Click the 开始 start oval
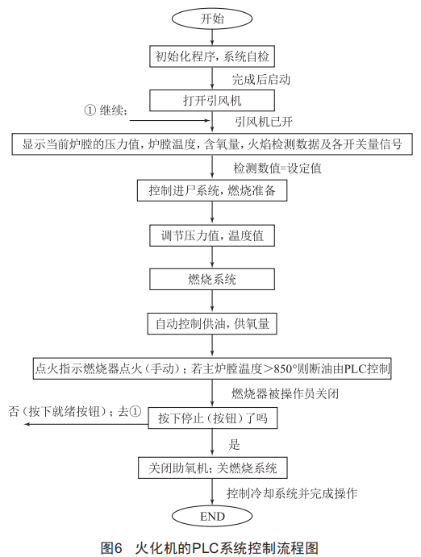[212, 19]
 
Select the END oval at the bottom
[212, 516]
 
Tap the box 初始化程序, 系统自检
[212, 56]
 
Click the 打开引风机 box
[212, 100]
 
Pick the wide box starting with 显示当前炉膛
[212, 144]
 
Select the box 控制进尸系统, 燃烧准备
[212, 190]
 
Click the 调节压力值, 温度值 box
[212, 235]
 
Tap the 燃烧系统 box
[212, 279]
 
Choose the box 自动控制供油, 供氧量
[212, 323]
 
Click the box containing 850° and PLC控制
[212, 368]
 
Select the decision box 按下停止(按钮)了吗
[212, 418]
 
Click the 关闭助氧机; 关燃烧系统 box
[212, 468]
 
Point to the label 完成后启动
[261, 79]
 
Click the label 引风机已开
[264, 122]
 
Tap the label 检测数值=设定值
[277, 168]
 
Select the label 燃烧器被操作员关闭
[285, 393]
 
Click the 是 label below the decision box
[234, 444]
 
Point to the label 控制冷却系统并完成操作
[292, 493]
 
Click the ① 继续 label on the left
[106, 110]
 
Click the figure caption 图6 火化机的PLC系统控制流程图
[210, 547]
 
